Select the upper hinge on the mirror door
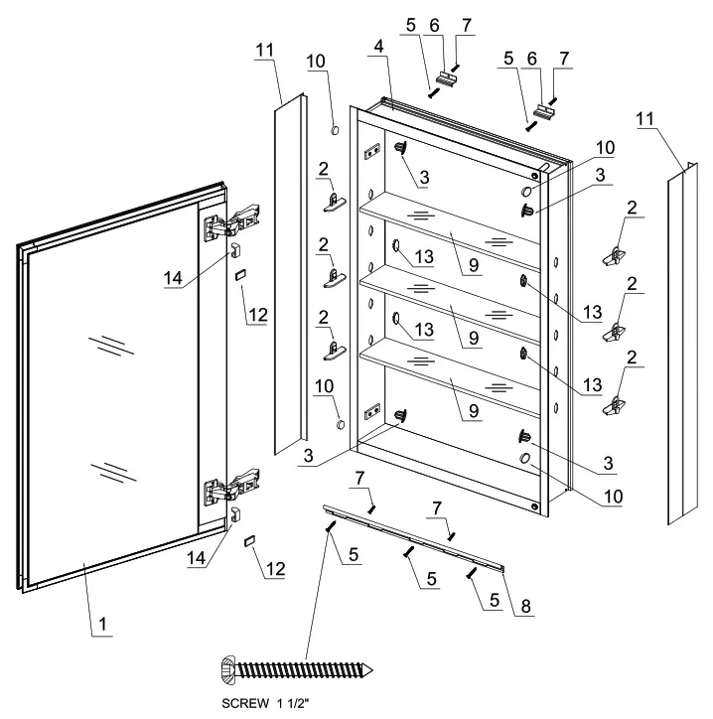pos(235,221)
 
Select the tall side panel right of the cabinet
pos(677,348)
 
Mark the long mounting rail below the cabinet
pos(417,537)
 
